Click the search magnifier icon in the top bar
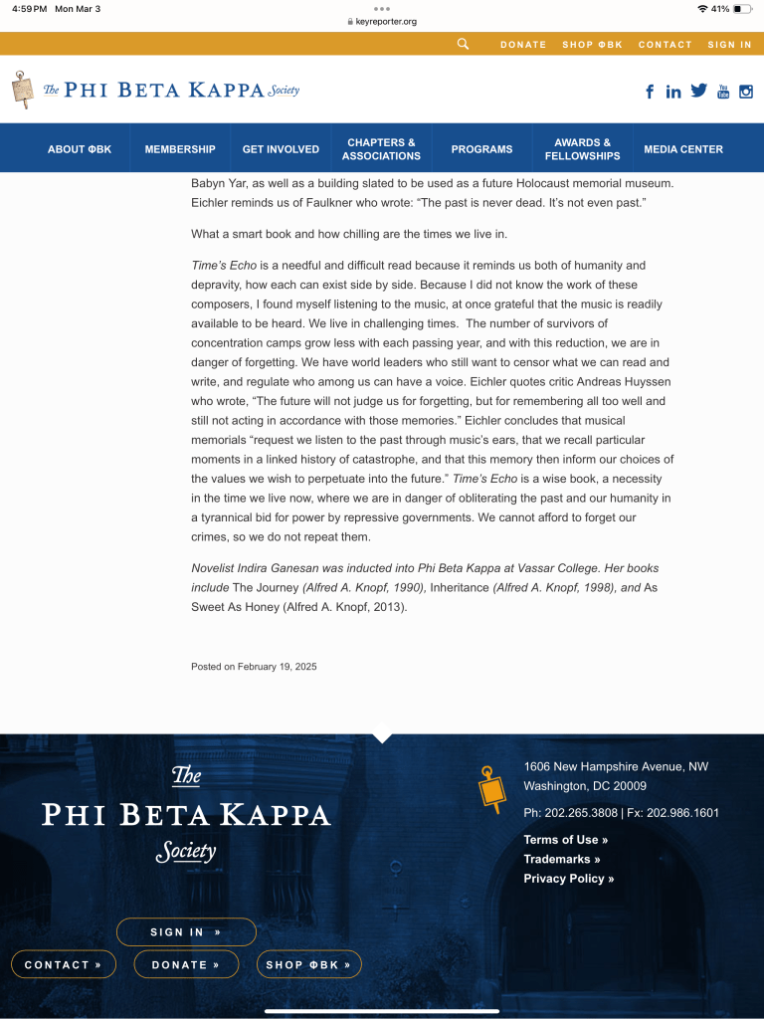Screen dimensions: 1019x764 [463, 44]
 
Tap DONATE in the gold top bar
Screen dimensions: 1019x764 [523, 45]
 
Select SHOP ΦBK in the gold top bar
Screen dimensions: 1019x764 [592, 45]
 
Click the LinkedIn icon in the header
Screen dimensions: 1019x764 [673, 92]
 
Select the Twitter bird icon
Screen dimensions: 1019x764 [698, 91]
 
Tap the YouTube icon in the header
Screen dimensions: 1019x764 [723, 92]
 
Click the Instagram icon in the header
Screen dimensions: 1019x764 [746, 92]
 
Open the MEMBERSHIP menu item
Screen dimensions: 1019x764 [180, 149]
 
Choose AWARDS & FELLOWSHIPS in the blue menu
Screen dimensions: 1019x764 [582, 149]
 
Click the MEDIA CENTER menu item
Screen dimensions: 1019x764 [683, 149]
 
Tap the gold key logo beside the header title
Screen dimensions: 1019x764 [22, 90]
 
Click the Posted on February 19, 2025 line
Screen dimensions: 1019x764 [254, 667]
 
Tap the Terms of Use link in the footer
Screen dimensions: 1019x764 [566, 840]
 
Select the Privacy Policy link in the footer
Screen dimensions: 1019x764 [569, 879]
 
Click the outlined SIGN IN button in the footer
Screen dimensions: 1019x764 [186, 932]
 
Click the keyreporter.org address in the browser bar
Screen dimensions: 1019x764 [386, 21]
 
